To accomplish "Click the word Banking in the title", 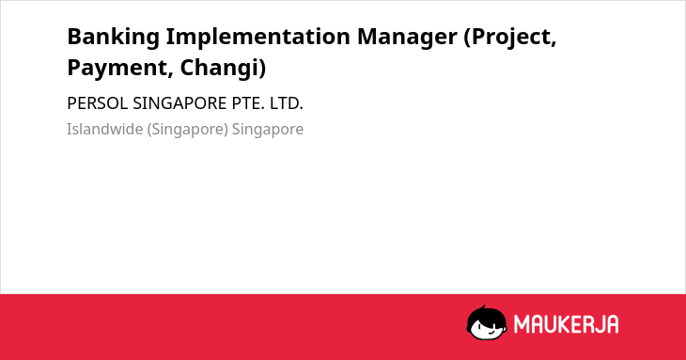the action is pyautogui.click(x=114, y=38).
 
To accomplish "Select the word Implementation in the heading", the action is pyautogui.click(x=258, y=38).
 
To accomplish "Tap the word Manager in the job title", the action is pyautogui.click(x=407, y=38).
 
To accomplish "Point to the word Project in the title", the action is pyautogui.click(x=510, y=38).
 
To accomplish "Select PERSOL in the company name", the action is pyautogui.click(x=98, y=103).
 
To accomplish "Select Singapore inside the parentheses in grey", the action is pyautogui.click(x=188, y=130).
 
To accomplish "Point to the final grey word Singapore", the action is pyautogui.click(x=268, y=130).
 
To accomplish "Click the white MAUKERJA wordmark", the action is pyautogui.click(x=566, y=324).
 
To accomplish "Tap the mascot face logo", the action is pyautogui.click(x=487, y=323).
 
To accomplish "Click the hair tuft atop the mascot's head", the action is pyautogui.click(x=483, y=308).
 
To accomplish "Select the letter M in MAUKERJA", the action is pyautogui.click(x=521, y=324).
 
